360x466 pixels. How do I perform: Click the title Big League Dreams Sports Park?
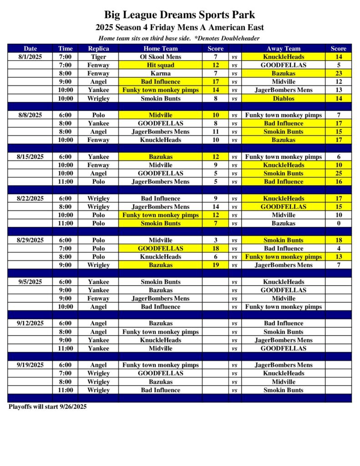[180, 15]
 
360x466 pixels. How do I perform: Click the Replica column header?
[98, 48]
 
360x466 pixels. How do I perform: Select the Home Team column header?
[160, 48]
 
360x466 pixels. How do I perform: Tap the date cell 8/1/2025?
[30, 57]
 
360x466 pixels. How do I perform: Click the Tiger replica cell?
[98, 57]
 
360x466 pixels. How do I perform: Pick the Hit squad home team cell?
[160, 65]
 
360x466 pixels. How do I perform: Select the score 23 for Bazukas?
[338, 73]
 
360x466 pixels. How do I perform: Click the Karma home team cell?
[160, 73]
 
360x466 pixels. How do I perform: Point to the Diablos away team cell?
[283, 98]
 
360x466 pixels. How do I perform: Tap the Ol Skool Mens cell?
[160, 57]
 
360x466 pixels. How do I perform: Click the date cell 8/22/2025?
[30, 198]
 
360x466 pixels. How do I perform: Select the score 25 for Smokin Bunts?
[338, 173]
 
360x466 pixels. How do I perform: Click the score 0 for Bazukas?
[338, 223]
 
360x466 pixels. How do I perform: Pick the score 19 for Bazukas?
[215, 265]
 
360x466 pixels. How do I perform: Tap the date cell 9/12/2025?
[30, 324]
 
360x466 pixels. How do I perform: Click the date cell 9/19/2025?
[30, 365]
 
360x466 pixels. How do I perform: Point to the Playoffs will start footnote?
[47, 406]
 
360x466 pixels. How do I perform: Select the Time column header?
[66, 48]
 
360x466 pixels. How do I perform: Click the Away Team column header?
[283, 48]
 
